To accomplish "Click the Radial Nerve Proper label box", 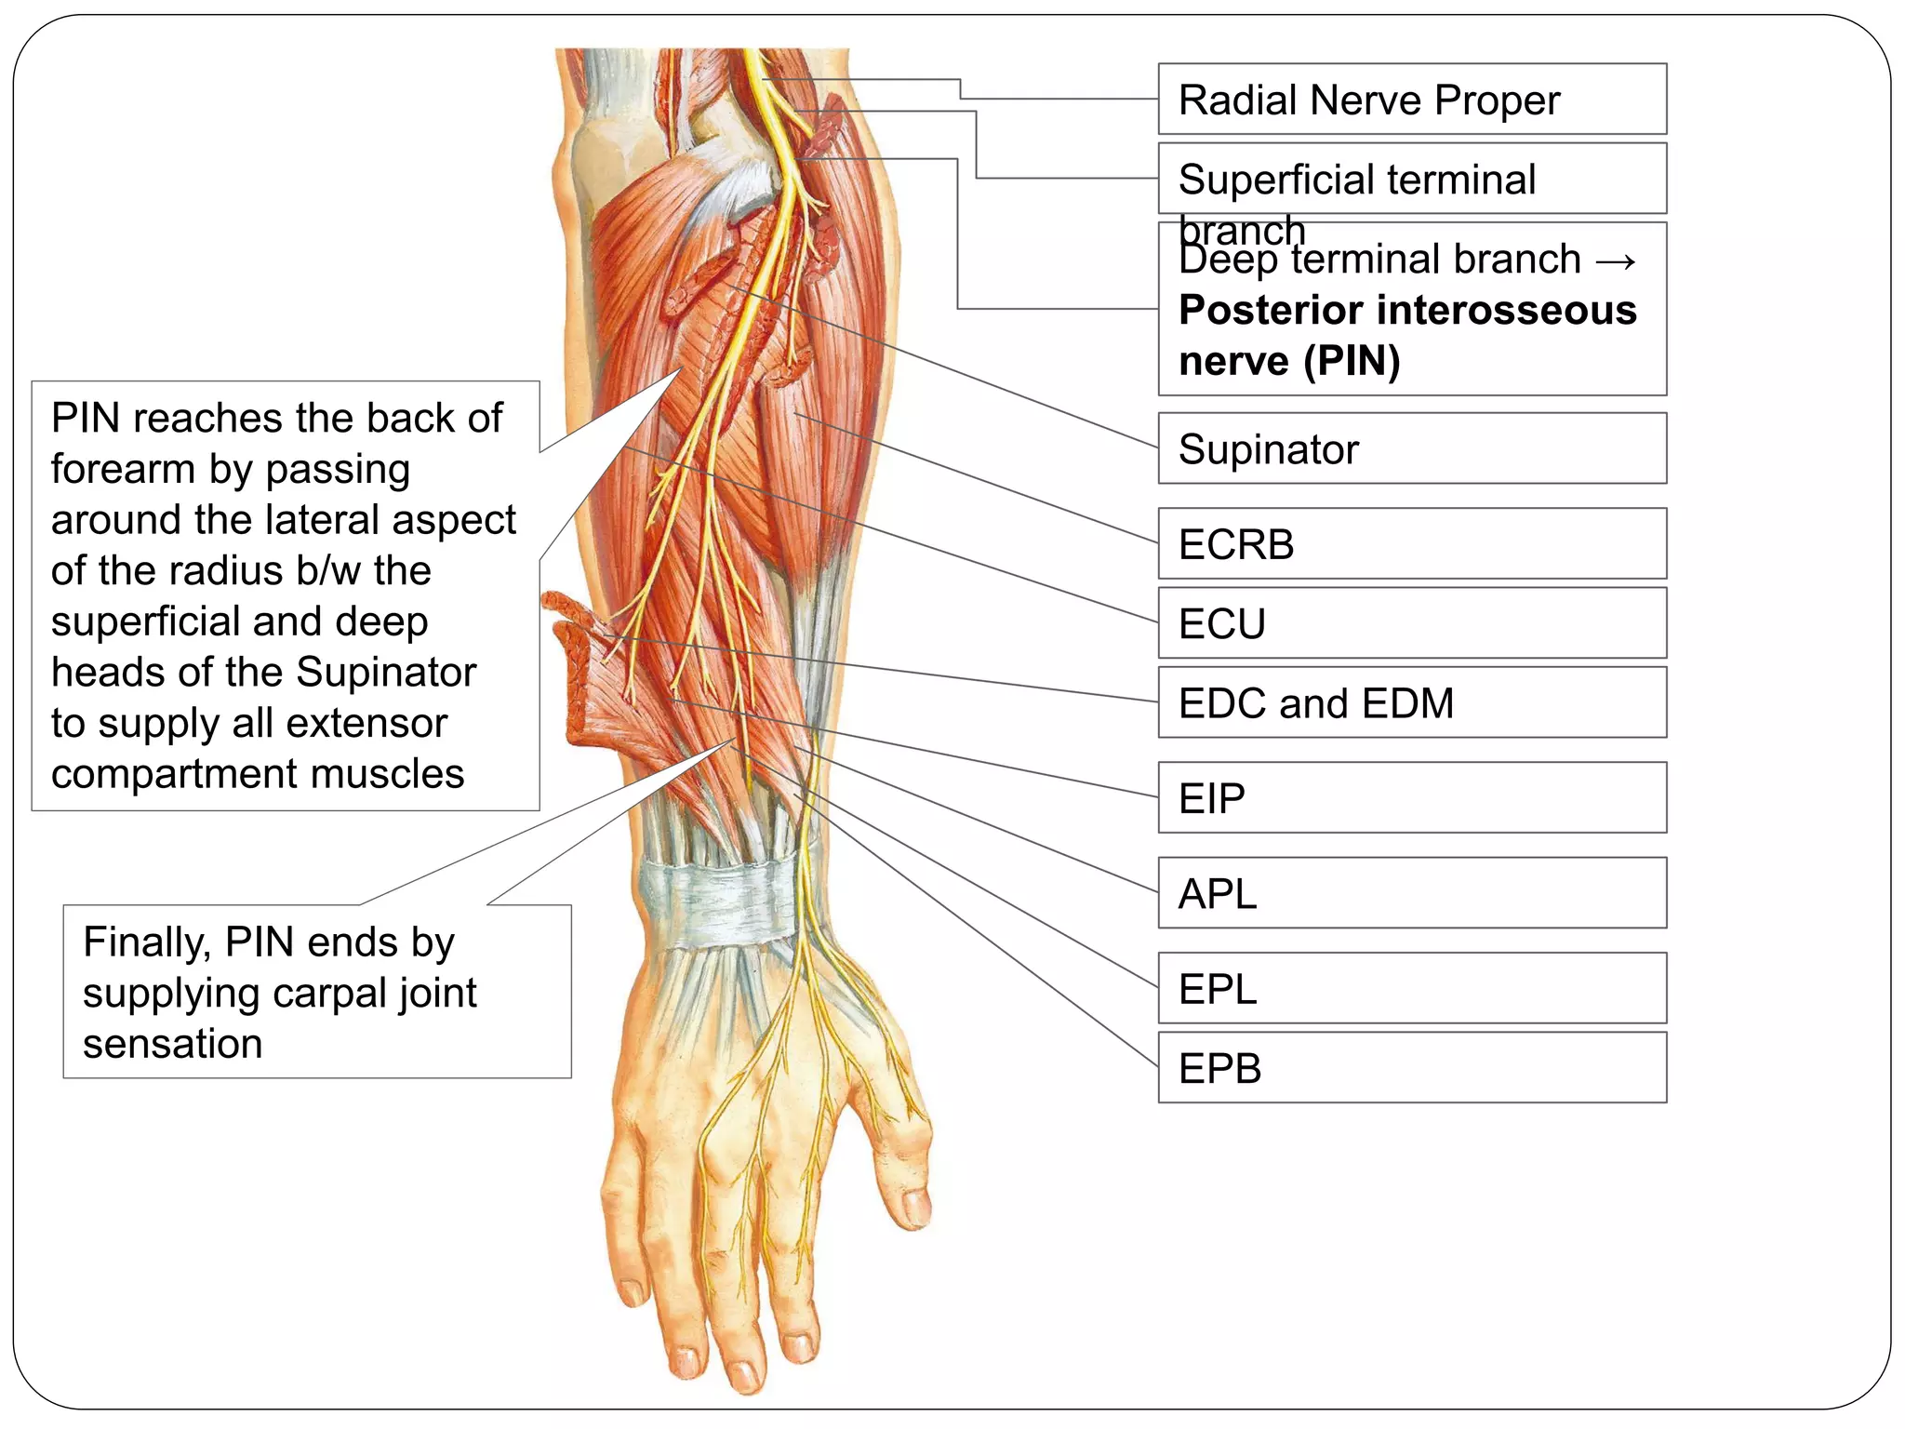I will coord(1411,100).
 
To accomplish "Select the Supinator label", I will coord(1411,448).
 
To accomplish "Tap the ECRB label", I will coord(1411,544).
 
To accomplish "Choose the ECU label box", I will coord(1411,623).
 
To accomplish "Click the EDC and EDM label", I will coord(1411,703).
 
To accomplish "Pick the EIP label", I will coord(1411,798).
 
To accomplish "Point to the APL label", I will coord(1411,894).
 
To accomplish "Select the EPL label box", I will coord(1411,989).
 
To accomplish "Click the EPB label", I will coord(1411,1068).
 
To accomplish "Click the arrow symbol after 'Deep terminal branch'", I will coord(1615,260).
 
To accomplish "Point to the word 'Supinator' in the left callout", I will coord(386,673).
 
